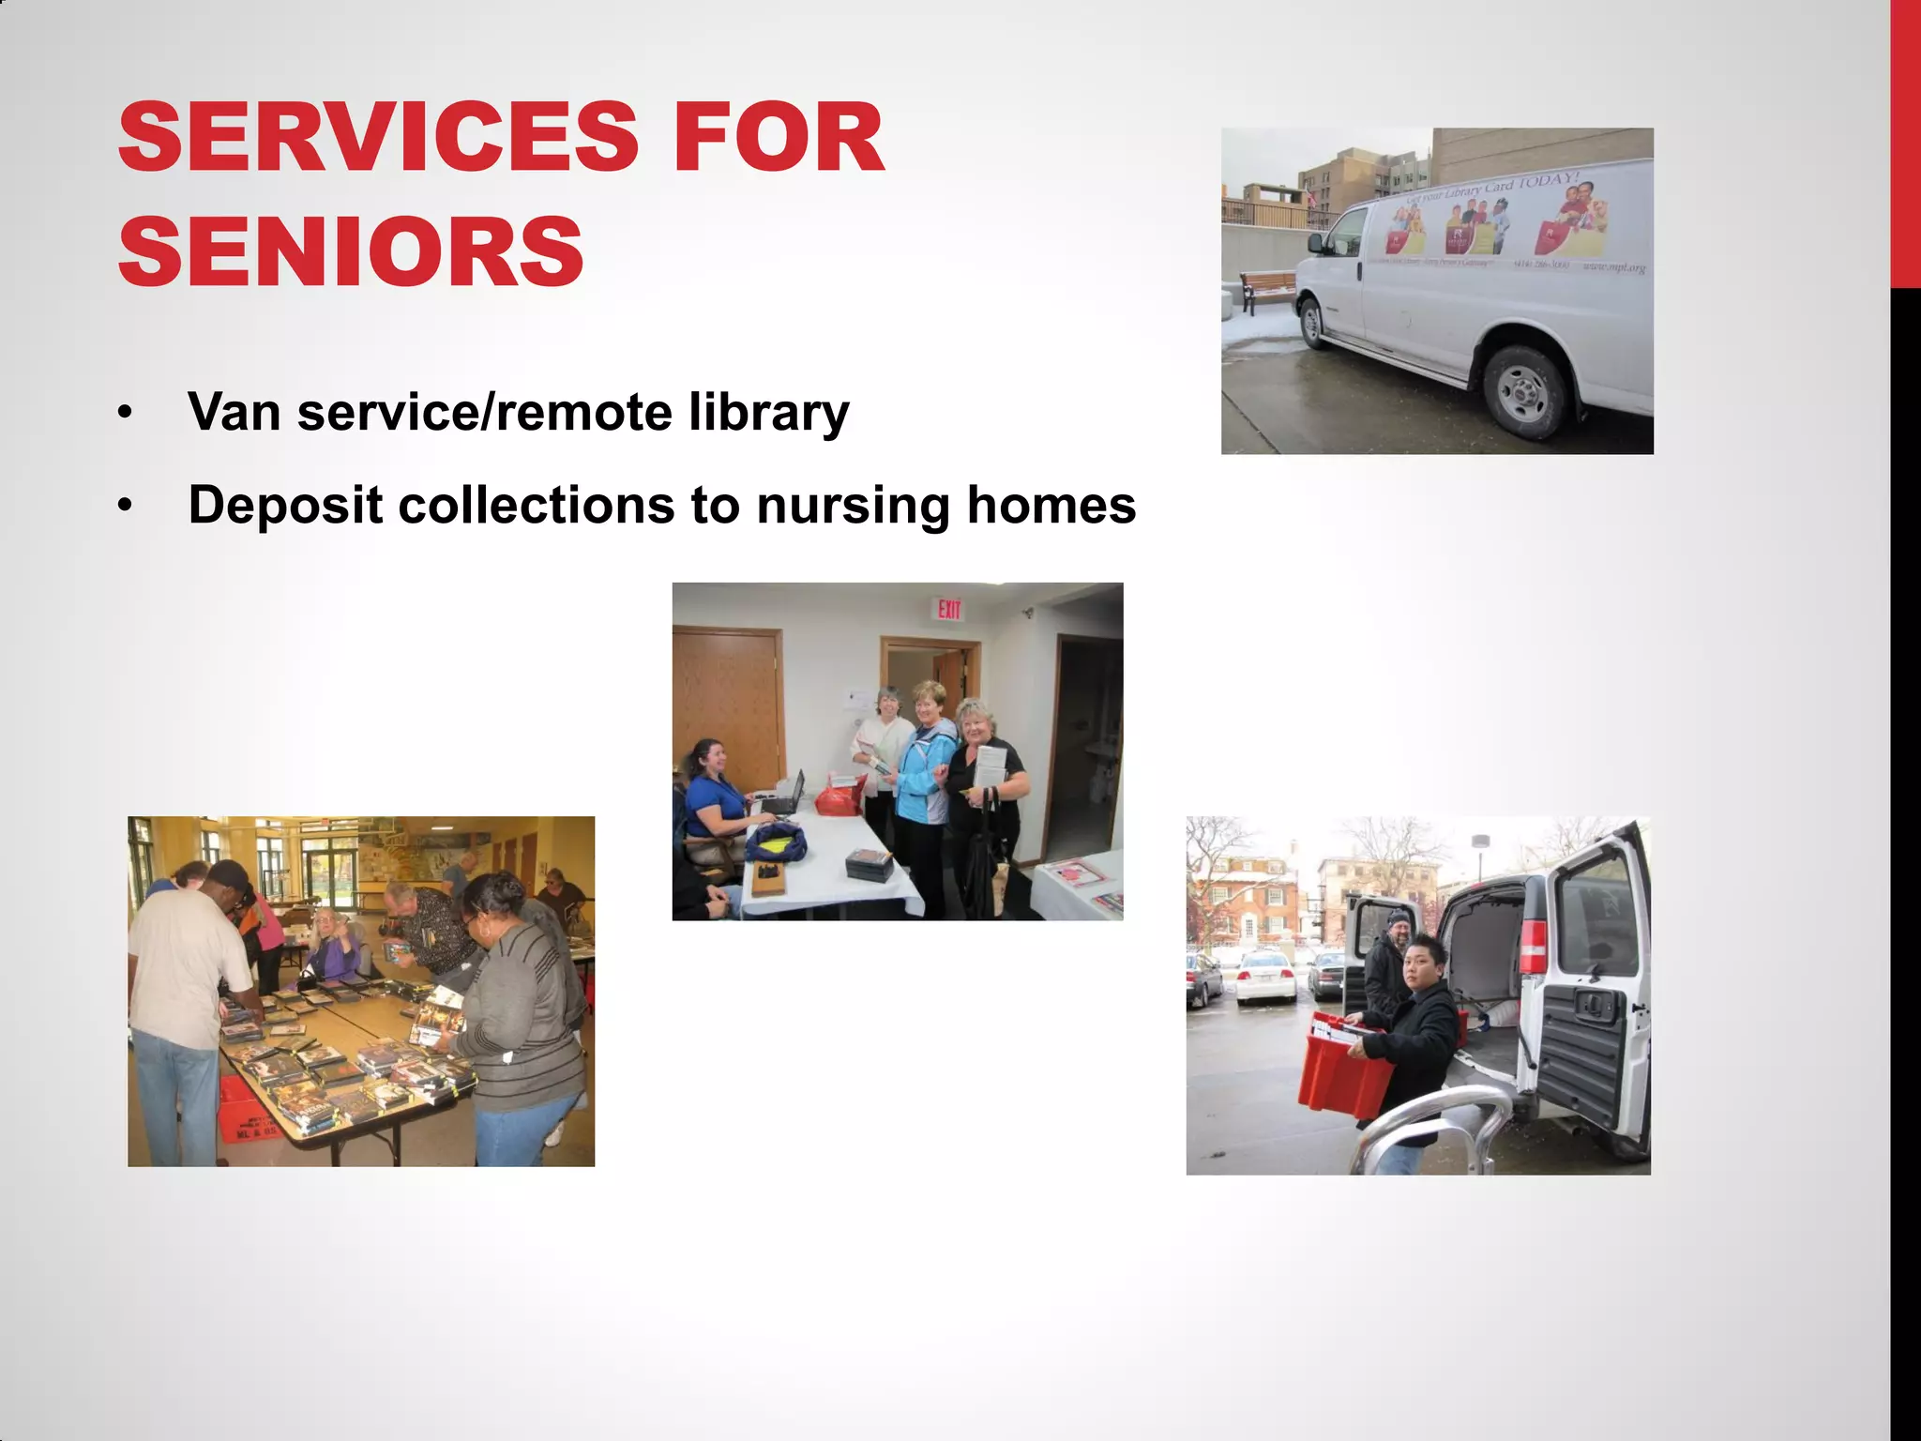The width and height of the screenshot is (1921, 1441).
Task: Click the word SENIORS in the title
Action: (351, 251)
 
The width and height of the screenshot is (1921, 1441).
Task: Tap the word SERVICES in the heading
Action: (378, 138)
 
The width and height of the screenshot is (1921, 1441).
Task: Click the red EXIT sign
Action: (949, 610)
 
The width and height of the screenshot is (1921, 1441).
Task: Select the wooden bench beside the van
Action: (1266, 287)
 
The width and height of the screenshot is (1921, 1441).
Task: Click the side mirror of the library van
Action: (1317, 243)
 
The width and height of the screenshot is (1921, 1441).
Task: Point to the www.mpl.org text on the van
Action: (1614, 267)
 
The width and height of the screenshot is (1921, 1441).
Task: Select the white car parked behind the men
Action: (1266, 976)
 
